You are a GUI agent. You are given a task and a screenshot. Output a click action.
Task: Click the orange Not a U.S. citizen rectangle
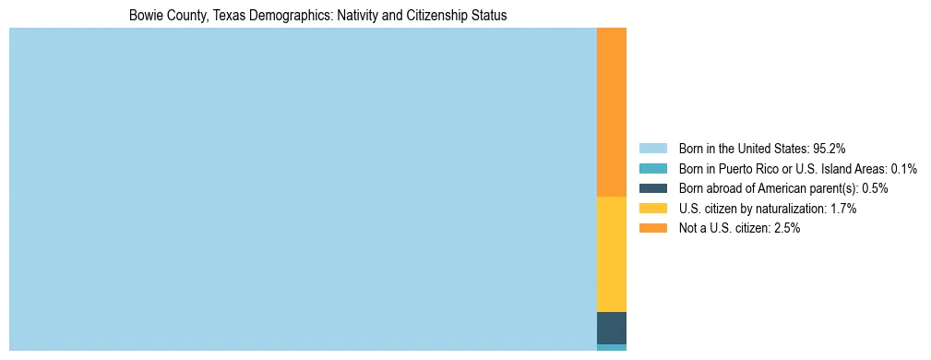click(x=612, y=112)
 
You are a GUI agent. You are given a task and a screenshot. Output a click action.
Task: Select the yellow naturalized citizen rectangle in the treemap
click(x=612, y=254)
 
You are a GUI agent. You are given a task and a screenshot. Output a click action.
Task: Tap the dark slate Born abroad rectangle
click(x=612, y=328)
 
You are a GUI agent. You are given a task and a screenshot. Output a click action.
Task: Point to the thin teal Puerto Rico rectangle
click(x=612, y=347)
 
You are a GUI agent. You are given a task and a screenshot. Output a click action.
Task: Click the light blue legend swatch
click(x=652, y=149)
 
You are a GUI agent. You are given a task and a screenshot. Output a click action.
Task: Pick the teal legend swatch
click(x=652, y=169)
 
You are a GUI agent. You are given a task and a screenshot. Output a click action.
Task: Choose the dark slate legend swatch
click(x=652, y=188)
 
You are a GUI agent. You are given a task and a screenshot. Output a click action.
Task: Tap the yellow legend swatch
click(x=652, y=209)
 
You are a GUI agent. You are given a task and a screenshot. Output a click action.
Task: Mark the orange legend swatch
click(x=652, y=228)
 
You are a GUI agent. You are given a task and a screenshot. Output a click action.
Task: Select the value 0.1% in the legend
click(x=903, y=169)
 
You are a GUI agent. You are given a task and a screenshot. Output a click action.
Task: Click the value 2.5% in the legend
click(x=786, y=228)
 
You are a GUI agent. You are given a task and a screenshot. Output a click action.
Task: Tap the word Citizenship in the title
click(x=442, y=16)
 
